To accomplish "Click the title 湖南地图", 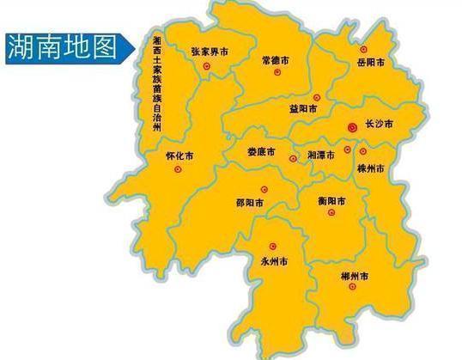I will (x=62, y=48).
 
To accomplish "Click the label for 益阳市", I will (x=304, y=109).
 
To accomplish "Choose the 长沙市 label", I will (x=379, y=125).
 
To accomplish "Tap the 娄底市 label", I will (x=261, y=151).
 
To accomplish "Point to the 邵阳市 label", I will (x=249, y=203).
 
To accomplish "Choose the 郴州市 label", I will (x=353, y=277).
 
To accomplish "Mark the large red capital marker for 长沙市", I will (x=351, y=127).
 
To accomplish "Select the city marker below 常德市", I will (x=277, y=73).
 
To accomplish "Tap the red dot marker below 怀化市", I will (x=178, y=169).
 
